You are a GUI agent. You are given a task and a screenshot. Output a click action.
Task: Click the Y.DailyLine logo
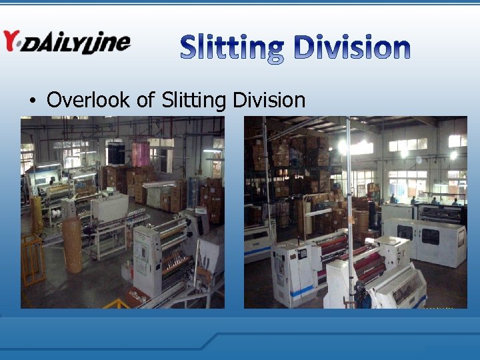tap(66, 41)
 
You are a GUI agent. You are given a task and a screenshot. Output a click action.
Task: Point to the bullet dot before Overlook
tap(32, 101)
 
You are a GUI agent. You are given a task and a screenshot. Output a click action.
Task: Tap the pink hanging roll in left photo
tap(140, 153)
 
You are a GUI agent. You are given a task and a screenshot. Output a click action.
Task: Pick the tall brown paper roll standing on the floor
tap(72, 244)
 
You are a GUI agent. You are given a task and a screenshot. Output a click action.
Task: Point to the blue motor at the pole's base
tap(359, 293)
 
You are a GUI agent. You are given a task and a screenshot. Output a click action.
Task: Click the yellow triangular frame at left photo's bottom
tap(117, 303)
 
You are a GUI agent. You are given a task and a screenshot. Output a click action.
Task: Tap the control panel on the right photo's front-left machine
tap(302, 253)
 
